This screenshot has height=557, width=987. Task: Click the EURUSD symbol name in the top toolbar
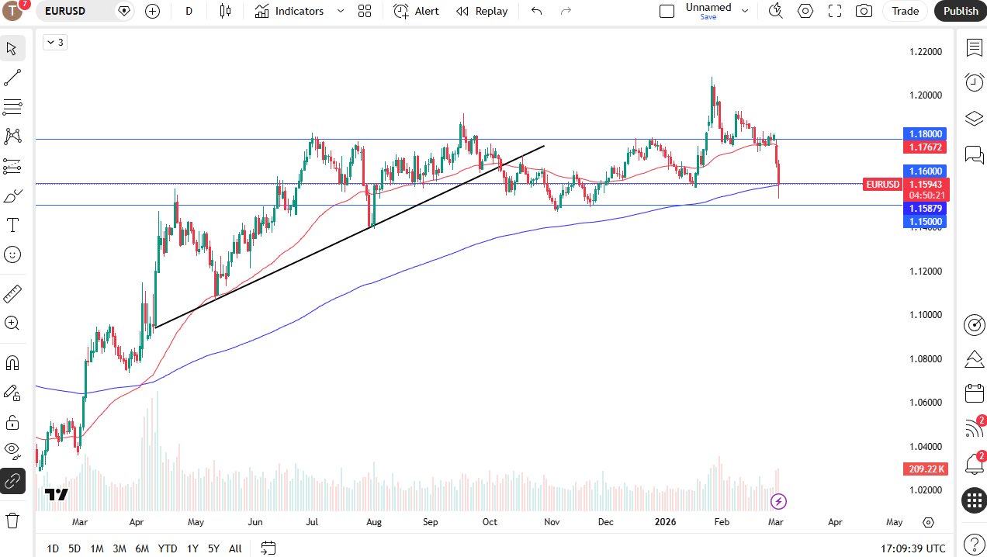pyautogui.click(x=65, y=11)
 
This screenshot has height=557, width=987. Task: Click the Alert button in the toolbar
pyautogui.click(x=416, y=11)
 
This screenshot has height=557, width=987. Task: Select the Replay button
pyautogui.click(x=482, y=11)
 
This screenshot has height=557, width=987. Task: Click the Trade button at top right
pyautogui.click(x=905, y=11)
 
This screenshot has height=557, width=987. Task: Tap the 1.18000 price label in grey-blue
pyautogui.click(x=925, y=133)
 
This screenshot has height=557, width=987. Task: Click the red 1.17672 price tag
pyautogui.click(x=925, y=147)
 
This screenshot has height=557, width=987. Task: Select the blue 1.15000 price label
pyautogui.click(x=925, y=222)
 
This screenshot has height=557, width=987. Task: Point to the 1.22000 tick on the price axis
pyautogui.click(x=926, y=52)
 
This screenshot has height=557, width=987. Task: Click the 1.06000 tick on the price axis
pyautogui.click(x=926, y=403)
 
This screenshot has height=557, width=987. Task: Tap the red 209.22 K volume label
pyautogui.click(x=925, y=469)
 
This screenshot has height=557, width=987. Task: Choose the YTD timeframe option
pyautogui.click(x=168, y=548)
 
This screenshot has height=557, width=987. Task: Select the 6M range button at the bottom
pyautogui.click(x=142, y=548)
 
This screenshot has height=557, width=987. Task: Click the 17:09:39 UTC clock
pyautogui.click(x=913, y=548)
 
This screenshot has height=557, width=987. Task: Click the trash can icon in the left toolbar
pyautogui.click(x=12, y=520)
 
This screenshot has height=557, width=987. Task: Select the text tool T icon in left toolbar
pyautogui.click(x=12, y=225)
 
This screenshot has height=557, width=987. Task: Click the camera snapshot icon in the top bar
pyautogui.click(x=863, y=11)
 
